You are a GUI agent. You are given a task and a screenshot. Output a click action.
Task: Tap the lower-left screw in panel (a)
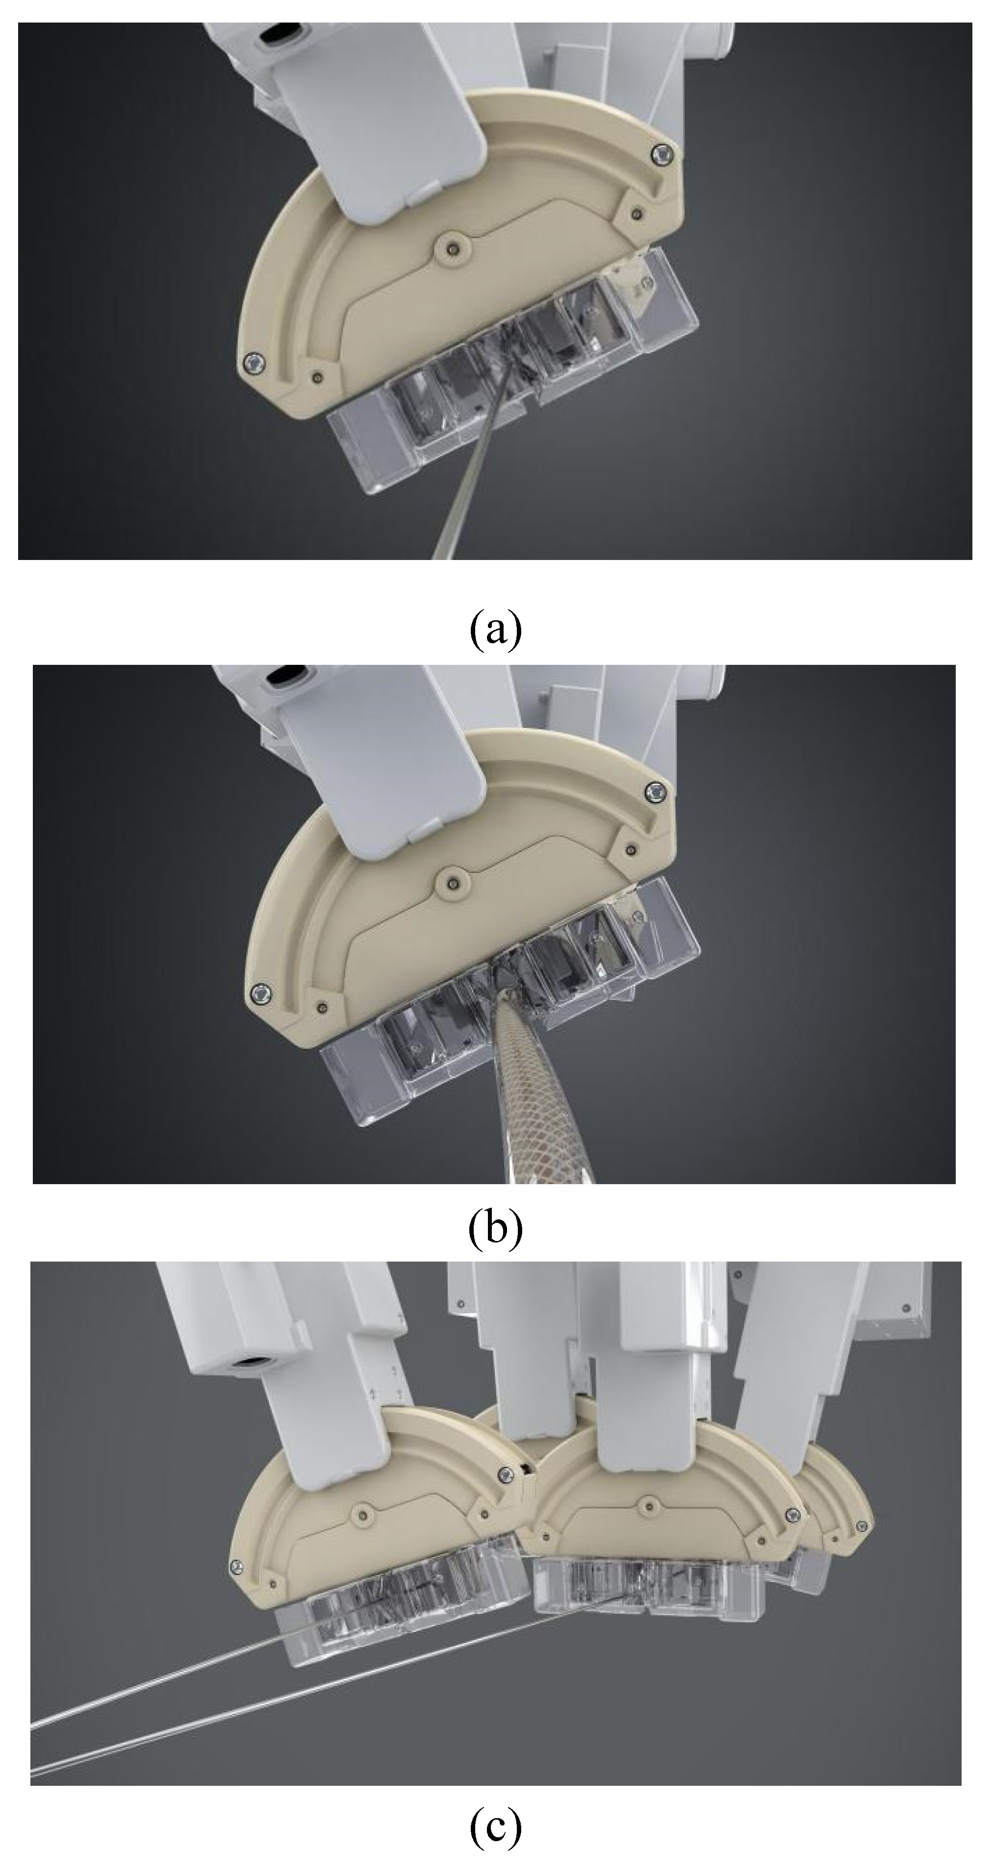click(252, 360)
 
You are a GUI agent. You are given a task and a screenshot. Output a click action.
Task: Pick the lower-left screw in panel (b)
click(259, 992)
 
